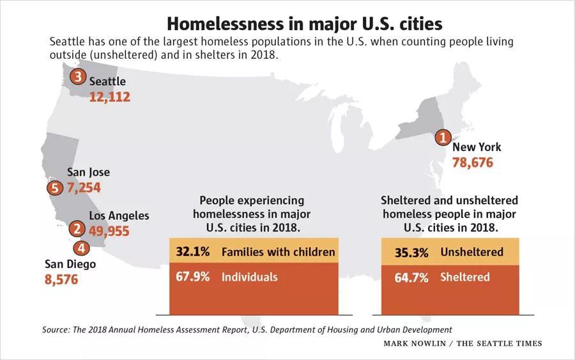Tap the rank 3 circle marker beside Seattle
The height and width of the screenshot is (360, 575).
[78, 77]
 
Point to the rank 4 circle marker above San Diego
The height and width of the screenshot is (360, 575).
[81, 247]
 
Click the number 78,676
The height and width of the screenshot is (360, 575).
[472, 162]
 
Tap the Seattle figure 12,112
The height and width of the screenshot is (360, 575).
[109, 97]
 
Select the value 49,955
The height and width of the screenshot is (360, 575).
[109, 231]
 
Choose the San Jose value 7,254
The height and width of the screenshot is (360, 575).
[84, 188]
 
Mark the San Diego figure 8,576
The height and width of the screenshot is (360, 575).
[61, 279]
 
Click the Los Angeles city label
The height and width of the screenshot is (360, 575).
[119, 215]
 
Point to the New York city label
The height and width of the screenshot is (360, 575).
[476, 147]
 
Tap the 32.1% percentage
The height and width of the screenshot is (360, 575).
[193, 252]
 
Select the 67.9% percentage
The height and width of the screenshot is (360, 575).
[193, 277]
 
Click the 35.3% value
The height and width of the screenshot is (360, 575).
[411, 252]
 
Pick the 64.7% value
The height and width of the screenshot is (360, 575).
[411, 277]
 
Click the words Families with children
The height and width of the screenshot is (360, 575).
[278, 252]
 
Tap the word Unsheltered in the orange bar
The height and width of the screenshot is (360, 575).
[471, 252]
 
